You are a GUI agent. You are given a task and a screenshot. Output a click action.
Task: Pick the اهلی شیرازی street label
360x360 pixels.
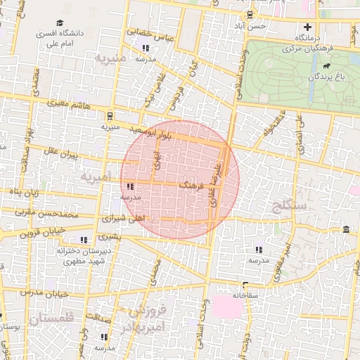(124, 219)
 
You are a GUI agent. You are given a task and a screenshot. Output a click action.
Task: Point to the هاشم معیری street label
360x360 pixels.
(64, 103)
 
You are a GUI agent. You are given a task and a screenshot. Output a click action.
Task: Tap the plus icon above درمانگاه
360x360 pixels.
(307, 26)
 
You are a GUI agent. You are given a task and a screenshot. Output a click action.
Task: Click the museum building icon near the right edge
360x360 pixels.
(345, 229)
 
